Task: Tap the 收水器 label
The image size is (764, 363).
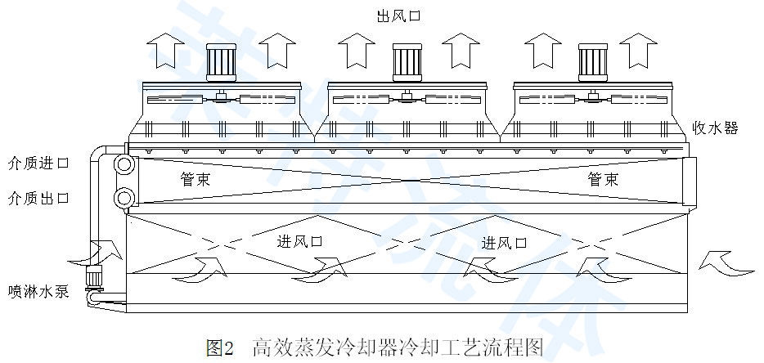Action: point(716,128)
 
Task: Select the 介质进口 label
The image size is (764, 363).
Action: point(38,164)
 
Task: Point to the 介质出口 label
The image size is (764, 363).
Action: point(38,199)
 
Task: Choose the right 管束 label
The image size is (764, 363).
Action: point(603,180)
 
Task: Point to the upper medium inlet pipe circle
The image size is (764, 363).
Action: point(125,164)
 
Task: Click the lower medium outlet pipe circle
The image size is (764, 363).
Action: point(125,197)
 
